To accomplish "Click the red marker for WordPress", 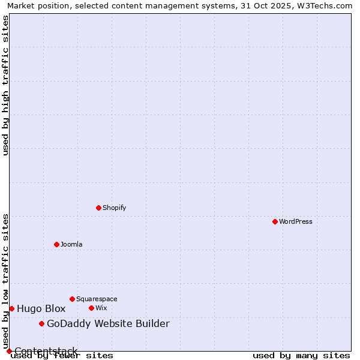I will [275, 221].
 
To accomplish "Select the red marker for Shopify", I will [98, 208].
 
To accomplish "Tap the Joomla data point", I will [56, 244].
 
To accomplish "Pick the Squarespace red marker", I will [72, 299].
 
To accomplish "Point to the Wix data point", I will [91, 308].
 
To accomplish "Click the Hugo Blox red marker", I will [11, 308].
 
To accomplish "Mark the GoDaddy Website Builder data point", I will [41, 324].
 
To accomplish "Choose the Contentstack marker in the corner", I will [9, 351].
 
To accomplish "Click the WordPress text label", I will [296, 221].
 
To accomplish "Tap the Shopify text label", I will [114, 208].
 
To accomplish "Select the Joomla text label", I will [71, 244].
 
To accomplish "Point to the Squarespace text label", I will [97, 299].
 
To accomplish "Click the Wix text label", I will [101, 308].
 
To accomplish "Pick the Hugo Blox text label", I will [41, 309].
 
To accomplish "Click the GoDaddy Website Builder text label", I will [108, 324].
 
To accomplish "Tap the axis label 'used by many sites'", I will [301, 355].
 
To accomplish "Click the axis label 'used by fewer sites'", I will [62, 355].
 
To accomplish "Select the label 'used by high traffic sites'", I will [5, 85].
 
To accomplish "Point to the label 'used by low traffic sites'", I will [5, 281].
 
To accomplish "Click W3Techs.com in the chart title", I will [322, 5].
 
